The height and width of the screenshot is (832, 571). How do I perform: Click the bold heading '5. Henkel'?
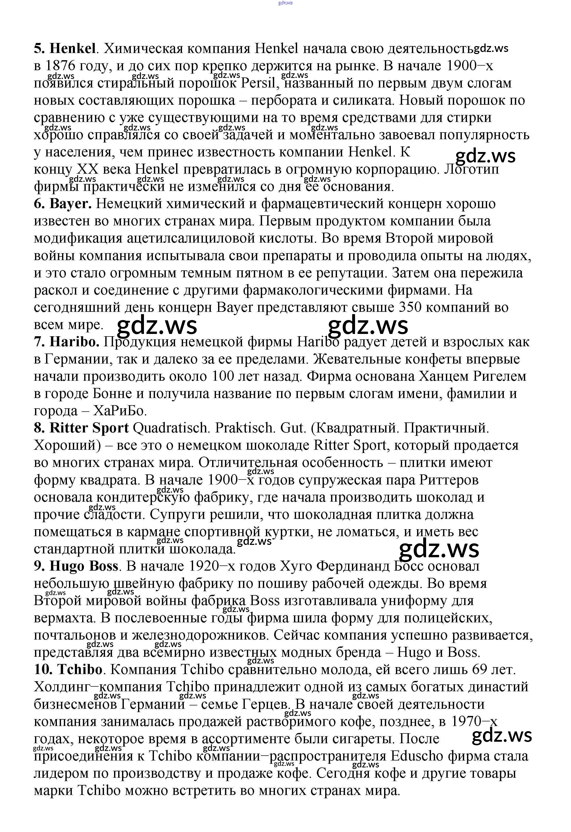(x=65, y=48)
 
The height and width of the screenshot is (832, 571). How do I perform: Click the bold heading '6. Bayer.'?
(x=63, y=204)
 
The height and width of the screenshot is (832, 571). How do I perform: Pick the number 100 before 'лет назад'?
(x=224, y=376)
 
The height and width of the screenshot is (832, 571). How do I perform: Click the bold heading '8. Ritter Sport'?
(x=81, y=428)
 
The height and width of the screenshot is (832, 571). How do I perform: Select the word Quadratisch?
(x=170, y=428)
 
